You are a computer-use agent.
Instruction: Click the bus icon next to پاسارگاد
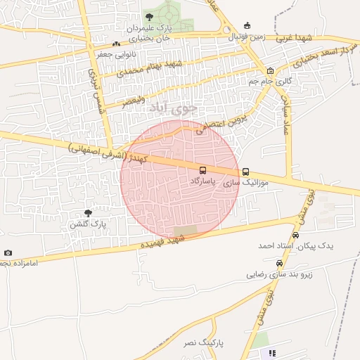202,170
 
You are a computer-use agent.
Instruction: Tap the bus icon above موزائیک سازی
245,172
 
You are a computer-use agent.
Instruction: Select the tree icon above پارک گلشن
88,212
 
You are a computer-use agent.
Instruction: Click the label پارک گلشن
87,224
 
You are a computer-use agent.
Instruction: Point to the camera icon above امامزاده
8,252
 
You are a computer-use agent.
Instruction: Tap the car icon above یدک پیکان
296,235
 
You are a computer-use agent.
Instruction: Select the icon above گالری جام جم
271,71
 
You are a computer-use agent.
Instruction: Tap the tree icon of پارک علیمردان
148,15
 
